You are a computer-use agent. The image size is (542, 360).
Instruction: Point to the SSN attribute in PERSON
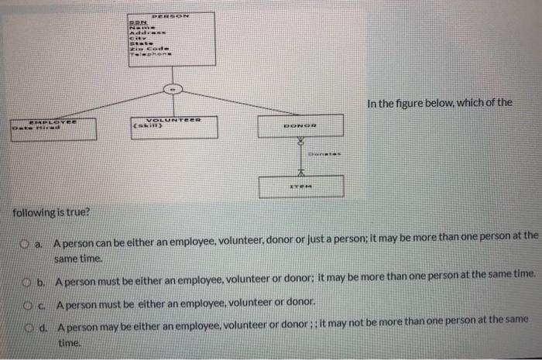[136, 23]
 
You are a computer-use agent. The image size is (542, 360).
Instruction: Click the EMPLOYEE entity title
[54, 121]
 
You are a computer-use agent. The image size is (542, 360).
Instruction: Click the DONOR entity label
[300, 128]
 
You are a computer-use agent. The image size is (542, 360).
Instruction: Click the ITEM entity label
[300, 186]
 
